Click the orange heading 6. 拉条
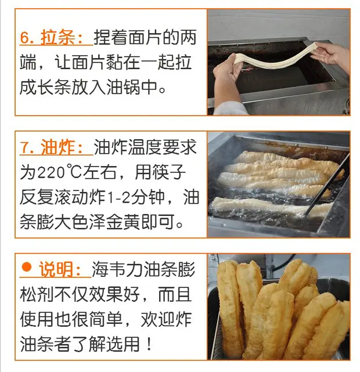tap(52, 37)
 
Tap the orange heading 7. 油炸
tap(52, 147)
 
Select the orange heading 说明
tap(60, 269)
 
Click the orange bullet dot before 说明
tap(26, 267)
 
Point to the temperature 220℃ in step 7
tap(51, 172)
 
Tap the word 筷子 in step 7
tap(160, 172)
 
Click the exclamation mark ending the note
tap(149, 344)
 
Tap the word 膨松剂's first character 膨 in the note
tap(186, 269)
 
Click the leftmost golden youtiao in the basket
tap(229, 308)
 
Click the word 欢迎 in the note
tap(157, 319)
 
